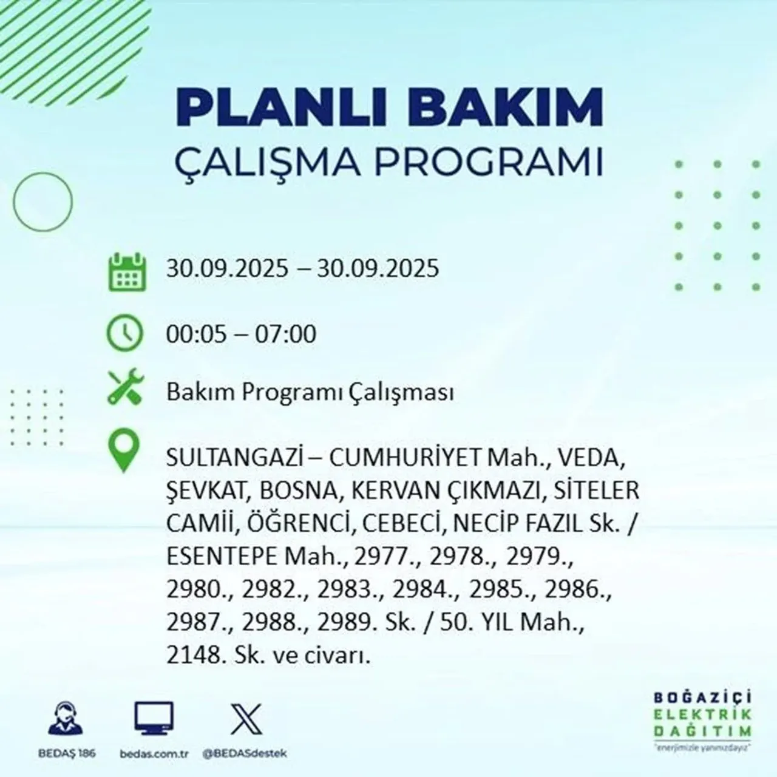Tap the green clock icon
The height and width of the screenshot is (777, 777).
point(124,333)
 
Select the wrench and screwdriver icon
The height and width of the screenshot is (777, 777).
point(124,388)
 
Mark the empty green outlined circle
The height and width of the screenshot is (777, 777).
point(42,201)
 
